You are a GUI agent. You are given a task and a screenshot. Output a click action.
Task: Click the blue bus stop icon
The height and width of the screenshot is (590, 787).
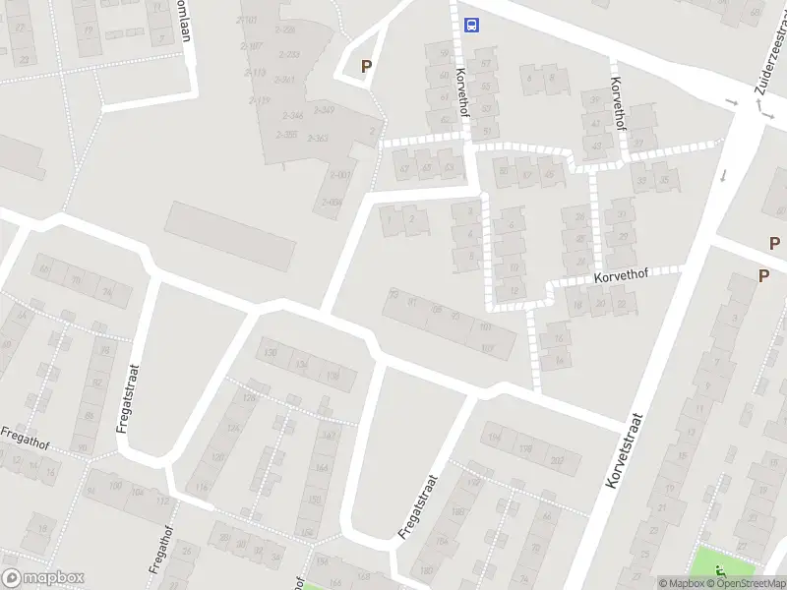[472, 25]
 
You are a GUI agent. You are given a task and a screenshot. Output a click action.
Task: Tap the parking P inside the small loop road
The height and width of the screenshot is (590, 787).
[367, 67]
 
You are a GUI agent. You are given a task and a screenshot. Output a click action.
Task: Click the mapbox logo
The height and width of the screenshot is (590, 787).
[43, 577]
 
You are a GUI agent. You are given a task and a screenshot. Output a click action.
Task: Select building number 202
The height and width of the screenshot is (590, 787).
[558, 459]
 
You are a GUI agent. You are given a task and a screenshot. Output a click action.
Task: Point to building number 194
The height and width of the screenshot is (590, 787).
[494, 437]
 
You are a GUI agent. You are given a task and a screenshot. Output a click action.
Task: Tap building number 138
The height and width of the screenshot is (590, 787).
[333, 375]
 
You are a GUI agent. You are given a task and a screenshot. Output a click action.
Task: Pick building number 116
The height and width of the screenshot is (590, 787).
[203, 487]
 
